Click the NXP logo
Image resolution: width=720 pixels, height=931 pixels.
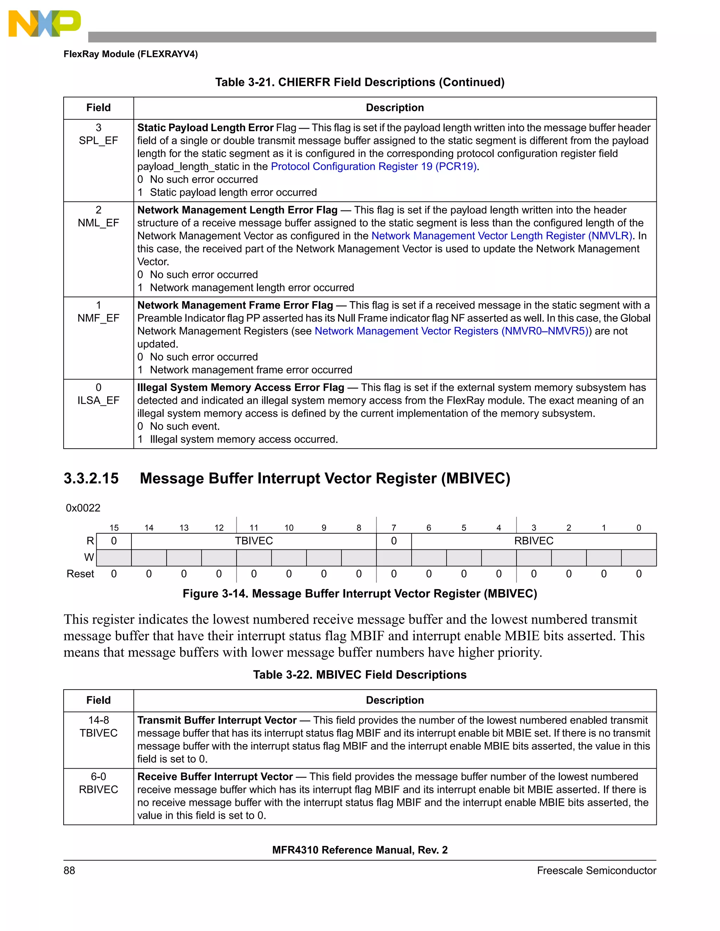[x=44, y=24]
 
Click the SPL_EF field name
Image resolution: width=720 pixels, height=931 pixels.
[x=98, y=141]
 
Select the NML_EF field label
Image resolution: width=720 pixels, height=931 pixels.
[x=98, y=223]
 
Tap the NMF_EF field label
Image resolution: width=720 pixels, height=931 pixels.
[x=98, y=318]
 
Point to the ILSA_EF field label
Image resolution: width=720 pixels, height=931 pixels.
[x=98, y=400]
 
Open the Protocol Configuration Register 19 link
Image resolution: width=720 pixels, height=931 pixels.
[x=374, y=166]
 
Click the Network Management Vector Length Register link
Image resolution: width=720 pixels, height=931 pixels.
[x=502, y=236]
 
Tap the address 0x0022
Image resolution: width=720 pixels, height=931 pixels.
[x=83, y=508]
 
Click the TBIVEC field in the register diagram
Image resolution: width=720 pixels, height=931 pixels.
[x=254, y=541]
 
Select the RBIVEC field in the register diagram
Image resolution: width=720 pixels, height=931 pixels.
[x=534, y=541]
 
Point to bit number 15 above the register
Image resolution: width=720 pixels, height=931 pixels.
[x=114, y=528]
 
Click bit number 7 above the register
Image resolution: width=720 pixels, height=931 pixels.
[x=394, y=528]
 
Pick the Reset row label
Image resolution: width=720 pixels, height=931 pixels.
[x=80, y=574]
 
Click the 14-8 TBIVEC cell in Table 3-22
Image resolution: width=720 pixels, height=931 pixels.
[x=98, y=727]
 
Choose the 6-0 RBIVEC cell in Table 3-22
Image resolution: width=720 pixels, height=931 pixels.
[x=98, y=783]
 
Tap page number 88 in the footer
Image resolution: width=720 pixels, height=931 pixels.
[x=69, y=871]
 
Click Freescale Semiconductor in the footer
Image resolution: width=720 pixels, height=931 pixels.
[x=596, y=871]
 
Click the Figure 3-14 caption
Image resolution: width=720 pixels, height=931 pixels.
[x=360, y=593]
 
